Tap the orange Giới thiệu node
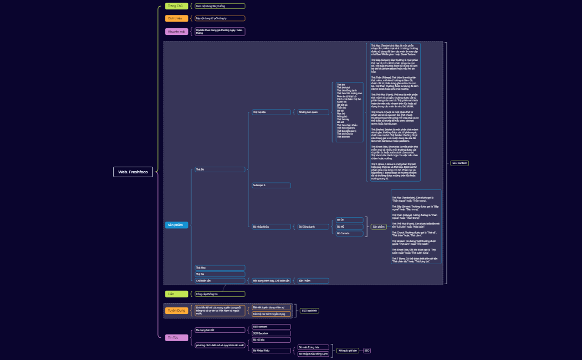coord(175,18)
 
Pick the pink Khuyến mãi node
coord(177,32)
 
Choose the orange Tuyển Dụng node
coord(177,311)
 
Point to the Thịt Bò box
coord(219,169)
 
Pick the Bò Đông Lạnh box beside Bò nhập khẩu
coord(313,227)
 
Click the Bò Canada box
coord(350,233)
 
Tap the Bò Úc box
coord(350,220)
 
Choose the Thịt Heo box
coord(219,268)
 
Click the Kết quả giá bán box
coord(347,351)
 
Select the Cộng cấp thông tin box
coord(219,294)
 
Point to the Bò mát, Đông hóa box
coord(313,347)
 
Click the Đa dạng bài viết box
coord(219,330)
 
